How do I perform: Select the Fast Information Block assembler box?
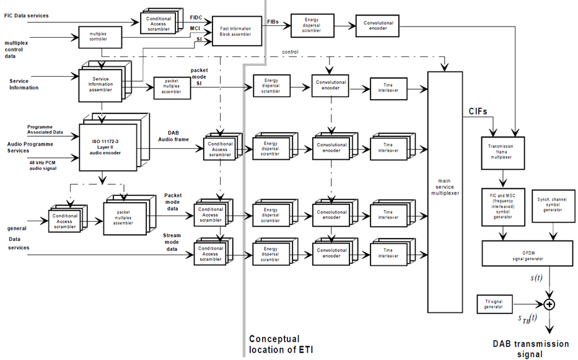point(237,32)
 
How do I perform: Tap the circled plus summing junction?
point(548,304)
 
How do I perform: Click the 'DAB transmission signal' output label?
point(531,349)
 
